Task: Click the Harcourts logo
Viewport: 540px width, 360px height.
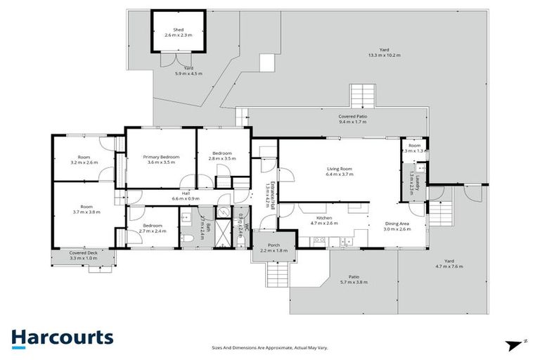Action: pyautogui.click(x=62, y=337)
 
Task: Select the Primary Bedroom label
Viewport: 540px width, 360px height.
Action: pyautogui.click(x=161, y=159)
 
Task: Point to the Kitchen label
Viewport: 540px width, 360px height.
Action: pyautogui.click(x=323, y=221)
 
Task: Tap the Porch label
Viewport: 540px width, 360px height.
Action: pyautogui.click(x=274, y=247)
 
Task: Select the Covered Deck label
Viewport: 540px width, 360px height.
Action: pyautogui.click(x=83, y=255)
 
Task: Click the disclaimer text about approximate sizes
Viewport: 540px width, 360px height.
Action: pyautogui.click(x=269, y=348)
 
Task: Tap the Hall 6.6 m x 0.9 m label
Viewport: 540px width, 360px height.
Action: pyautogui.click(x=186, y=195)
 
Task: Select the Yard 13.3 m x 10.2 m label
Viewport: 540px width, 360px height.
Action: pyautogui.click(x=385, y=53)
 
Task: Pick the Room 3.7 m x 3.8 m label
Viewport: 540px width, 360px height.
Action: pyautogui.click(x=84, y=209)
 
